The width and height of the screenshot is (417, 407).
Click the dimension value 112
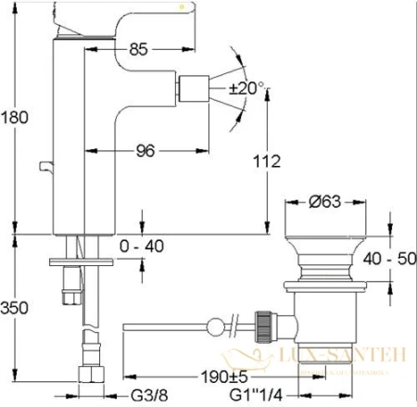click(266, 161)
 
